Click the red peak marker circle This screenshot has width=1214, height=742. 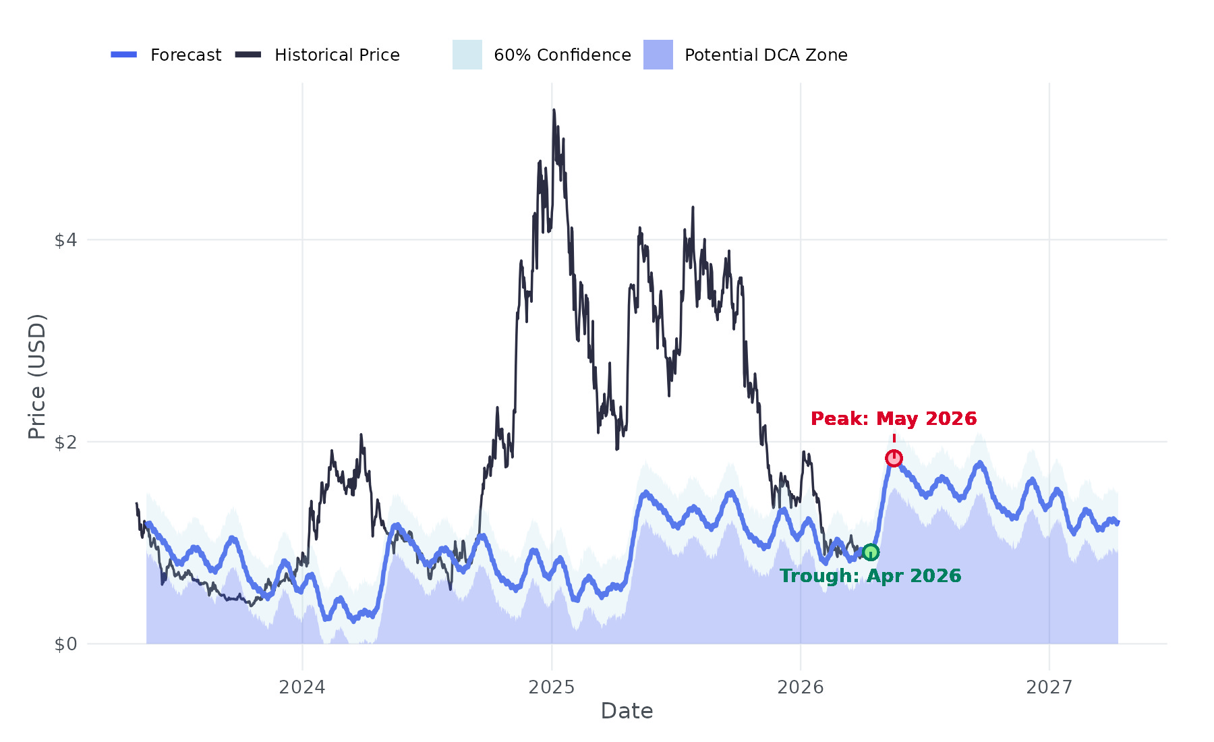pyautogui.click(x=894, y=459)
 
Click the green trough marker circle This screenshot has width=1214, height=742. pyautogui.click(x=871, y=552)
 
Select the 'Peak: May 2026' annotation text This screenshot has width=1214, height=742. pyautogui.click(x=894, y=419)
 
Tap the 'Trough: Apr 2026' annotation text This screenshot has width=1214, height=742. pyautogui.click(x=870, y=576)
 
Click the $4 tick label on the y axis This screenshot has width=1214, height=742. pyautogui.click(x=66, y=240)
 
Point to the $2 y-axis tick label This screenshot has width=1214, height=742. pyautogui.click(x=66, y=443)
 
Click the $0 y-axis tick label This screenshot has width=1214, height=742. pyautogui.click(x=66, y=644)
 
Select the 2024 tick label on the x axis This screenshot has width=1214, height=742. pyautogui.click(x=302, y=687)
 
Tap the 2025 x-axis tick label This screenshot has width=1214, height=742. pyautogui.click(x=552, y=687)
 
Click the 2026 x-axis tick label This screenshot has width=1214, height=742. pyautogui.click(x=801, y=687)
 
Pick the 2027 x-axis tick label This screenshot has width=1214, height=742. pyautogui.click(x=1049, y=687)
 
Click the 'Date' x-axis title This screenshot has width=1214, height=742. pyautogui.click(x=627, y=711)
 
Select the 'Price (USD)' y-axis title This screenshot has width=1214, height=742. pyautogui.click(x=37, y=376)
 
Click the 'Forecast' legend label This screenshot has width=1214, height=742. pyautogui.click(x=185, y=55)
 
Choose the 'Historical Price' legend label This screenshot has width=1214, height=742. pyautogui.click(x=337, y=55)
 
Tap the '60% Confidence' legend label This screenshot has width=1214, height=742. pyautogui.click(x=562, y=55)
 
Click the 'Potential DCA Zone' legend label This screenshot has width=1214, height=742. pyautogui.click(x=766, y=55)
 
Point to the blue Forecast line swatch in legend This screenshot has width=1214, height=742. pyautogui.click(x=124, y=55)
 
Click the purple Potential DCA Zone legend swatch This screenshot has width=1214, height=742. pyautogui.click(x=658, y=55)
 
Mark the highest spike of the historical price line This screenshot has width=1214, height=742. pyautogui.click(x=554, y=110)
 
